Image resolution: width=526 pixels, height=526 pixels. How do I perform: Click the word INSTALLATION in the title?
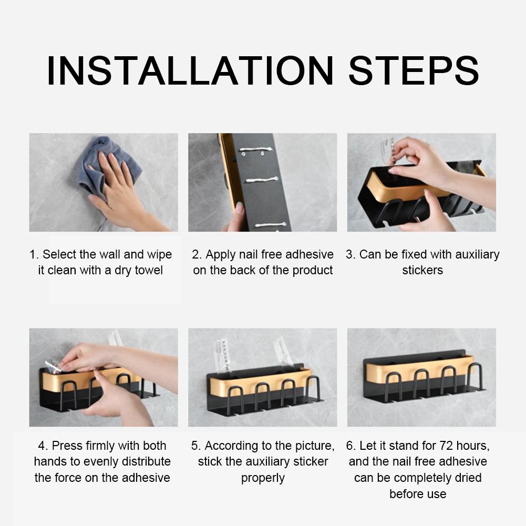coord(190,71)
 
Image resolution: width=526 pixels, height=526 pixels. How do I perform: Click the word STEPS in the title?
coord(414,71)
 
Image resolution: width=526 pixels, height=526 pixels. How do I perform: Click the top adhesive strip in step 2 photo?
coord(255,150)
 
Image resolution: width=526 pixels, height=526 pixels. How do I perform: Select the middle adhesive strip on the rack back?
coord(262,180)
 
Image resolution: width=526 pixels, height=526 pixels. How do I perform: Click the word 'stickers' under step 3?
coord(422,270)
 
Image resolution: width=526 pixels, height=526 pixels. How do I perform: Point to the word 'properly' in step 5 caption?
coord(263,478)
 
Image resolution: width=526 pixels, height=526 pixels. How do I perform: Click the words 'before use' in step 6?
coord(418,494)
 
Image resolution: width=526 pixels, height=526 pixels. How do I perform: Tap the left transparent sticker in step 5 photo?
coord(223,356)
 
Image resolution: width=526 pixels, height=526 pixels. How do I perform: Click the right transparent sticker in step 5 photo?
coord(283,352)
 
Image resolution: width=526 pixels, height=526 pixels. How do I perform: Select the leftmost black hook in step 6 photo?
coord(393,386)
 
